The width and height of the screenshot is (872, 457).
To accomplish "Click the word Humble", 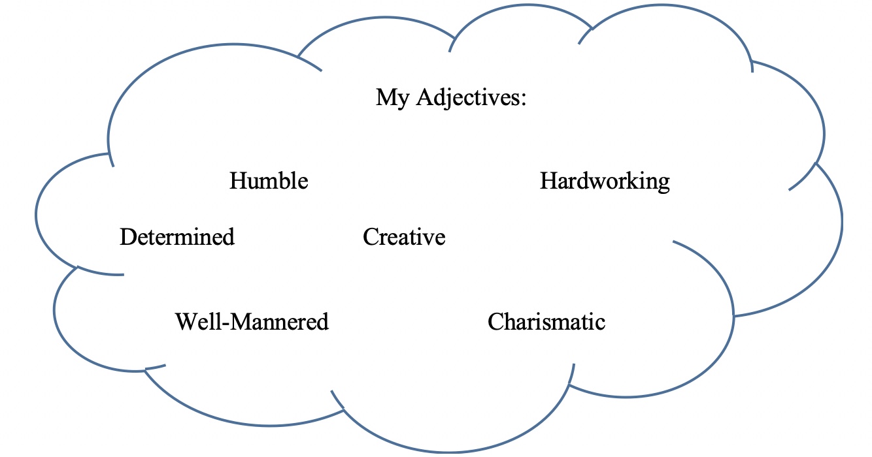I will [x=269, y=181].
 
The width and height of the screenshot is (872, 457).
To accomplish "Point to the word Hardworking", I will [x=605, y=181].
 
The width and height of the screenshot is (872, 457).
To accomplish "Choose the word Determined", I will [x=177, y=236].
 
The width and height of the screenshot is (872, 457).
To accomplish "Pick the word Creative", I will [x=404, y=236].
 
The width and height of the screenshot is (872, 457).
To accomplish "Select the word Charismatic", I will [x=546, y=321].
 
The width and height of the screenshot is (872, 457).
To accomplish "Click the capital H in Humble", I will [x=237, y=181].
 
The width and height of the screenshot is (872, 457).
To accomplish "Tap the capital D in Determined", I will [x=127, y=236].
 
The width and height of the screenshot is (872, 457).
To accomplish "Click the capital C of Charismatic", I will [x=496, y=321].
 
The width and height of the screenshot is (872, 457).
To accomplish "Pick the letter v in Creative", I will [x=431, y=238].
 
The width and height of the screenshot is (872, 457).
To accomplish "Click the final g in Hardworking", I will [x=663, y=183].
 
